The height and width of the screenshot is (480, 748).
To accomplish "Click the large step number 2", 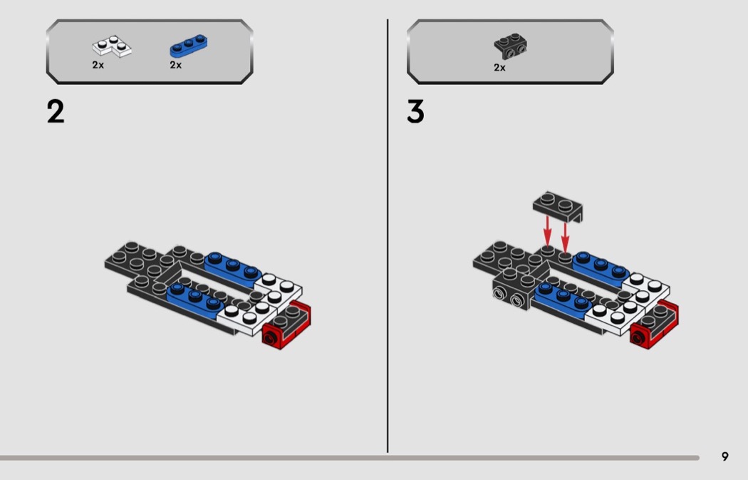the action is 56,112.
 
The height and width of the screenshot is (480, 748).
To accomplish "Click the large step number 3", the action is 415,112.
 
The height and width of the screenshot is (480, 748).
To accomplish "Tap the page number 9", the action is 724,456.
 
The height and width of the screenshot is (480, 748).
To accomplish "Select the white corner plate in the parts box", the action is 112,46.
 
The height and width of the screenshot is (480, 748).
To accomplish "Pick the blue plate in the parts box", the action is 189,46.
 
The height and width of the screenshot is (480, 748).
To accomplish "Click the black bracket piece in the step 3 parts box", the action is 511,46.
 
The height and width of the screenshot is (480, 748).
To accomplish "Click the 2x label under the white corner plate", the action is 98,65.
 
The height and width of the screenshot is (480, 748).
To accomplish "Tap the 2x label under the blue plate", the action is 175,65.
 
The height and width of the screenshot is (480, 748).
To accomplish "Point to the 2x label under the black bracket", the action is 499,68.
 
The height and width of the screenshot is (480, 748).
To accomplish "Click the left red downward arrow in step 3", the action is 548,231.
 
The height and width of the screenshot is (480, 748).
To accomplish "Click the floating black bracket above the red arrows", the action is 558,206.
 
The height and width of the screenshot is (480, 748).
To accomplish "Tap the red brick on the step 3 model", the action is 654,326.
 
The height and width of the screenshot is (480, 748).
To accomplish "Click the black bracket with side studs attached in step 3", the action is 514,290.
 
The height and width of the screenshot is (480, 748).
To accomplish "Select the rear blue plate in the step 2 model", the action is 233,267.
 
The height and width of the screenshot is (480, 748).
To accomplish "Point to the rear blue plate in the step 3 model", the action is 601,267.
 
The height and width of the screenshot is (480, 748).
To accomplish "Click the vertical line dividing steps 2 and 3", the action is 388,236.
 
